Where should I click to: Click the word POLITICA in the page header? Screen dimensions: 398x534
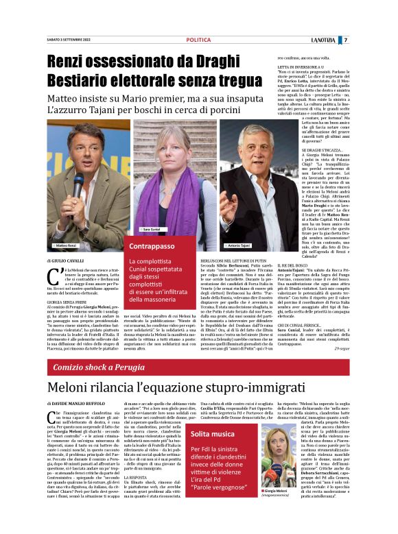pyautogui.click(x=198, y=40)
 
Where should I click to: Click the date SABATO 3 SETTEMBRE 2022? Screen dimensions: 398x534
pyautogui.click(x=72, y=40)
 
